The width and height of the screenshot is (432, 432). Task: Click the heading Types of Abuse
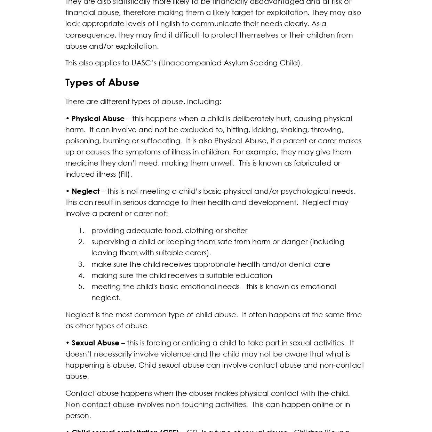[x=102, y=82]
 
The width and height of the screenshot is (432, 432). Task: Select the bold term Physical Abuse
[x=98, y=119]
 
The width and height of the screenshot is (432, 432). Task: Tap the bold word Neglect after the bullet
[x=86, y=191]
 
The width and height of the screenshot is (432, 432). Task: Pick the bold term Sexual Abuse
[x=95, y=343]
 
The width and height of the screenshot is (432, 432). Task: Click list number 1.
[x=81, y=231]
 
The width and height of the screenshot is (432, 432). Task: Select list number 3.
[x=81, y=264]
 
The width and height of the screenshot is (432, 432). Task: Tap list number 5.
[x=81, y=287]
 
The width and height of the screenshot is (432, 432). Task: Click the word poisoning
[x=82, y=141]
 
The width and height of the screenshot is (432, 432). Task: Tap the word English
[x=168, y=24]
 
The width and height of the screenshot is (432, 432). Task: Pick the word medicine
[x=82, y=163]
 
